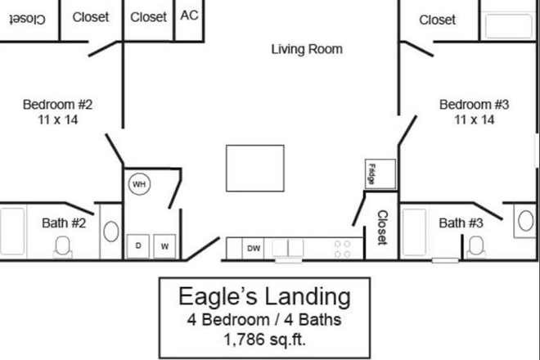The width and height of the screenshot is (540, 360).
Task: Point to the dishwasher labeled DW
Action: coord(254,248)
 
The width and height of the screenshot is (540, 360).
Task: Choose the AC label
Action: coord(188,16)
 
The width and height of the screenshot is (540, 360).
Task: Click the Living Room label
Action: coord(307,49)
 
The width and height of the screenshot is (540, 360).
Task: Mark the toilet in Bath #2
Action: coord(62,245)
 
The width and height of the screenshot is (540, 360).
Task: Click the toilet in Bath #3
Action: coord(474,244)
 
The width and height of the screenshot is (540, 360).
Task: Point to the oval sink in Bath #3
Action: coord(524,219)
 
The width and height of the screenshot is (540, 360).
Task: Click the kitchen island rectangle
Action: coord(255,168)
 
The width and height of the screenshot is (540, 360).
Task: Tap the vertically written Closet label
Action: coord(381,227)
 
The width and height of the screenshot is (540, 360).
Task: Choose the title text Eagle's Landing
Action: coord(264,295)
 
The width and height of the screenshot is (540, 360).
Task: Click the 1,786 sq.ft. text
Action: coord(264,338)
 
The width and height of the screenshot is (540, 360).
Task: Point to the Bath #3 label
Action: coord(463,223)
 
